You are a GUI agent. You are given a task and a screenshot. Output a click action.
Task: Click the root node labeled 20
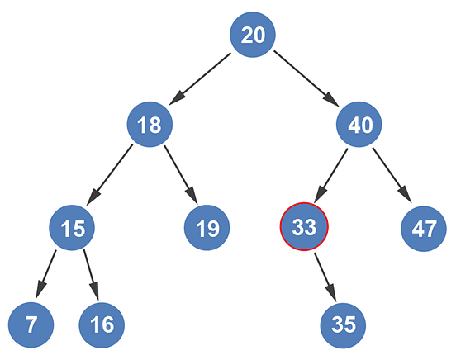point(252,35)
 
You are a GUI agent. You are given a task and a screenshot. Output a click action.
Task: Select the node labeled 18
point(150,126)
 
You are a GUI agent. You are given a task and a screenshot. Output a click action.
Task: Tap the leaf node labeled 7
point(31,324)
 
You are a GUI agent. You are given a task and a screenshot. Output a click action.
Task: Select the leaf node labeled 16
point(102,324)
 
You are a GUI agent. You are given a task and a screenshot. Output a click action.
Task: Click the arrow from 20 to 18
point(201,80)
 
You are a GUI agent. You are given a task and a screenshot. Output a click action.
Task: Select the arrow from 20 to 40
point(306,80)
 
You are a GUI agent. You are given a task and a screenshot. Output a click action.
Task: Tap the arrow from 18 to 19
point(179,175)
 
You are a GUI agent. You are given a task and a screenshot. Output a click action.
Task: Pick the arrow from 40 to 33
point(332,175)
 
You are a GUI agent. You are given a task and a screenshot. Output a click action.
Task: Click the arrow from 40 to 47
point(391,175)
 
